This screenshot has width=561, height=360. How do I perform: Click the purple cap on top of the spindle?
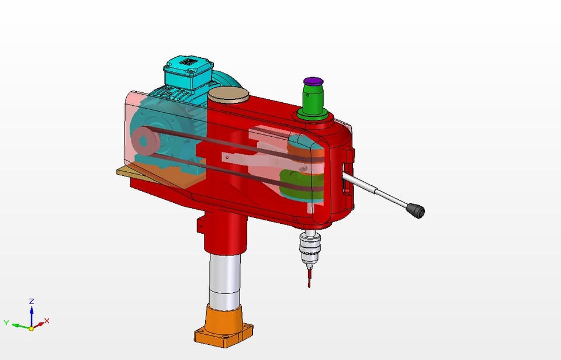(313, 80)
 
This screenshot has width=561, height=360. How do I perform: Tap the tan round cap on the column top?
(228, 95)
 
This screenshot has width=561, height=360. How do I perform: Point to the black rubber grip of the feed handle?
(415, 210)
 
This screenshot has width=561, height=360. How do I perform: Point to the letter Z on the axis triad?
(32, 301)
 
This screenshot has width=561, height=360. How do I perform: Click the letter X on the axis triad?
(47, 321)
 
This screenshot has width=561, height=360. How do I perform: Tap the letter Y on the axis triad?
(6, 323)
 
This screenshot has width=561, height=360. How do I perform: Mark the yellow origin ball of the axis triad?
(32, 328)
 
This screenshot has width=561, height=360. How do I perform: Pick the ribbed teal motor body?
(169, 117)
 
